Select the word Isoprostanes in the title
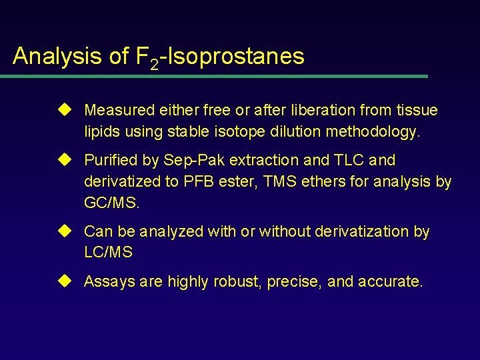point(237,56)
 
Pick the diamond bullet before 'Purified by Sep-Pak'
point(65,160)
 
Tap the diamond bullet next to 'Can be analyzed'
point(65,231)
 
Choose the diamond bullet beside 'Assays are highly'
point(65,281)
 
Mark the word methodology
point(373,132)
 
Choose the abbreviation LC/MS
point(108,253)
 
